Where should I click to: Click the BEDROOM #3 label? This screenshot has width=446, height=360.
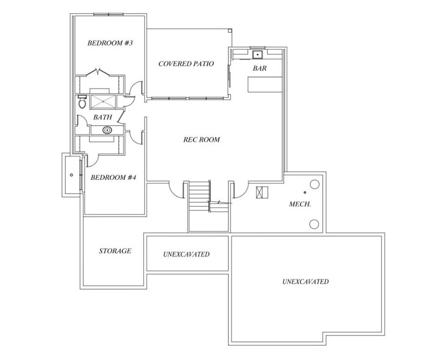110,43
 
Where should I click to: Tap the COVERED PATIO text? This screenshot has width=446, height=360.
186,64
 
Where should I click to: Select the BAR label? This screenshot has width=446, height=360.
260,68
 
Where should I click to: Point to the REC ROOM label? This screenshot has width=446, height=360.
201,140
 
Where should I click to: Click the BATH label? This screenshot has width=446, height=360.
103,117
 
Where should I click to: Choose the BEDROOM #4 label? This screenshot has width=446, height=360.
113,178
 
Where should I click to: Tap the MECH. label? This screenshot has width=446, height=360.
300,204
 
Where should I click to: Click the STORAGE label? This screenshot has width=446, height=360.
115,251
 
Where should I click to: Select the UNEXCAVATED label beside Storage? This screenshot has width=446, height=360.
186,254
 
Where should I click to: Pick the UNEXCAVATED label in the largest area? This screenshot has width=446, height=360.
305,282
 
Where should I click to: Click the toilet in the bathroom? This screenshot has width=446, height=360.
82,102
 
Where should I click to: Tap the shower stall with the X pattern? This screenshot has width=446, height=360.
103,102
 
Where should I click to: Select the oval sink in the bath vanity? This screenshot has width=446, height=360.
107,130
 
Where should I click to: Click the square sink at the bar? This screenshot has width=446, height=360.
257,54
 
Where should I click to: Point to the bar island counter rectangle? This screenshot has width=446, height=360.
265,84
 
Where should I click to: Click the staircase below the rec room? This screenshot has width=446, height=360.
199,196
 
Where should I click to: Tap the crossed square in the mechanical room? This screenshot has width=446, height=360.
262,192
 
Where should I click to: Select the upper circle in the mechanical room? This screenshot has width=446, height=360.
314,184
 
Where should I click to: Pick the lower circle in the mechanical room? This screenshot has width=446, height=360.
314,224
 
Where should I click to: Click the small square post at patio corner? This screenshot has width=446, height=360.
230,30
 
